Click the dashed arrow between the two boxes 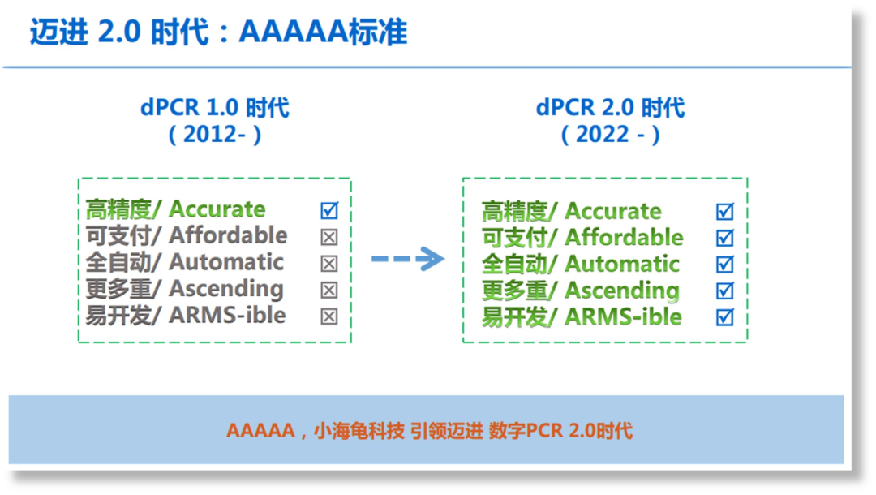pyautogui.click(x=407, y=260)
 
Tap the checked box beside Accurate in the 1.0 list pyautogui.click(x=328, y=211)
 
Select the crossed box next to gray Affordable pyautogui.click(x=328, y=237)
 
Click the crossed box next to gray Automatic pyautogui.click(x=328, y=264)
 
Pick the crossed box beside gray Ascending pyautogui.click(x=328, y=290)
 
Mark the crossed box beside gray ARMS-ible pyautogui.click(x=328, y=316)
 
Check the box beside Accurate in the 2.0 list pyautogui.click(x=724, y=212)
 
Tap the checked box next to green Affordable pyautogui.click(x=724, y=238)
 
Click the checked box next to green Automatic pyautogui.click(x=724, y=265)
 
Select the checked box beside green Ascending pyautogui.click(x=724, y=291)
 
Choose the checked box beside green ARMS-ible pyautogui.click(x=724, y=317)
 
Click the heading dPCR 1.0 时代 pyautogui.click(x=215, y=108)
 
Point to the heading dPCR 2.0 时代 pyautogui.click(x=611, y=108)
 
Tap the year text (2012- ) pyautogui.click(x=215, y=134)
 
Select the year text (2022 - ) pyautogui.click(x=611, y=134)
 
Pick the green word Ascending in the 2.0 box pyautogui.click(x=622, y=291)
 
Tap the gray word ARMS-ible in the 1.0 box pyautogui.click(x=227, y=315)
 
